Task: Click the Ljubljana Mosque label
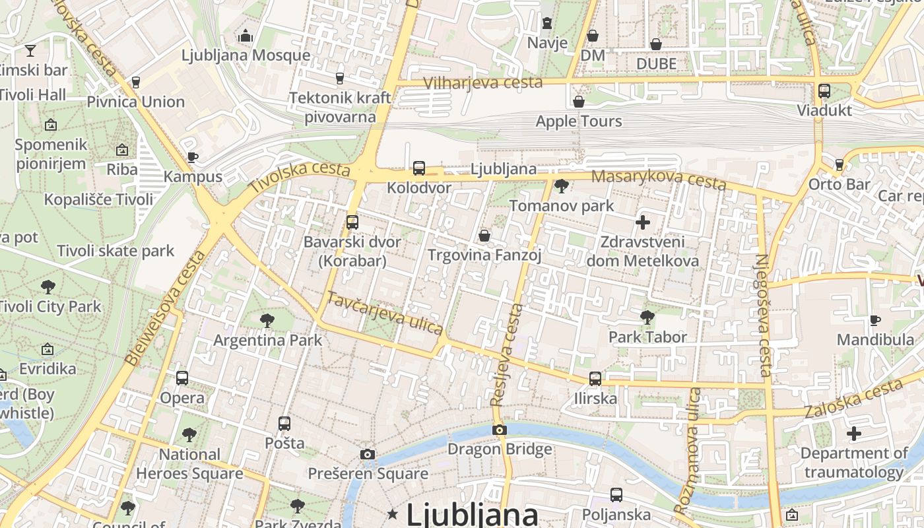[x=246, y=55]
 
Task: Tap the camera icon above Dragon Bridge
[x=500, y=430]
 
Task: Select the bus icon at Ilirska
[x=595, y=379]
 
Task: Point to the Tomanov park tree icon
[x=561, y=186]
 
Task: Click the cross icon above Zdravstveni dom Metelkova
[x=642, y=222]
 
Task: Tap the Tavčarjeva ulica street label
[x=385, y=313]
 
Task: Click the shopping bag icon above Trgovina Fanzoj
[x=484, y=236]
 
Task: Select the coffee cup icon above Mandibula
[x=875, y=321]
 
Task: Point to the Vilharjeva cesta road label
[x=483, y=82]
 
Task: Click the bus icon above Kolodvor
[x=419, y=168]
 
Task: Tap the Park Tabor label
[x=647, y=337]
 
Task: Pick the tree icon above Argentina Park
[x=267, y=321]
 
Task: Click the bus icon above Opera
[x=182, y=378]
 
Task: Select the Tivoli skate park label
[x=115, y=251]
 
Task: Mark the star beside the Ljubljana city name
[x=393, y=513]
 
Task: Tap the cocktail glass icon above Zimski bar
[x=30, y=50]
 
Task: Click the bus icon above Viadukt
[x=824, y=91]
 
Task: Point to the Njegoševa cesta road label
[x=763, y=315]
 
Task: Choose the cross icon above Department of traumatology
[x=854, y=434]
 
